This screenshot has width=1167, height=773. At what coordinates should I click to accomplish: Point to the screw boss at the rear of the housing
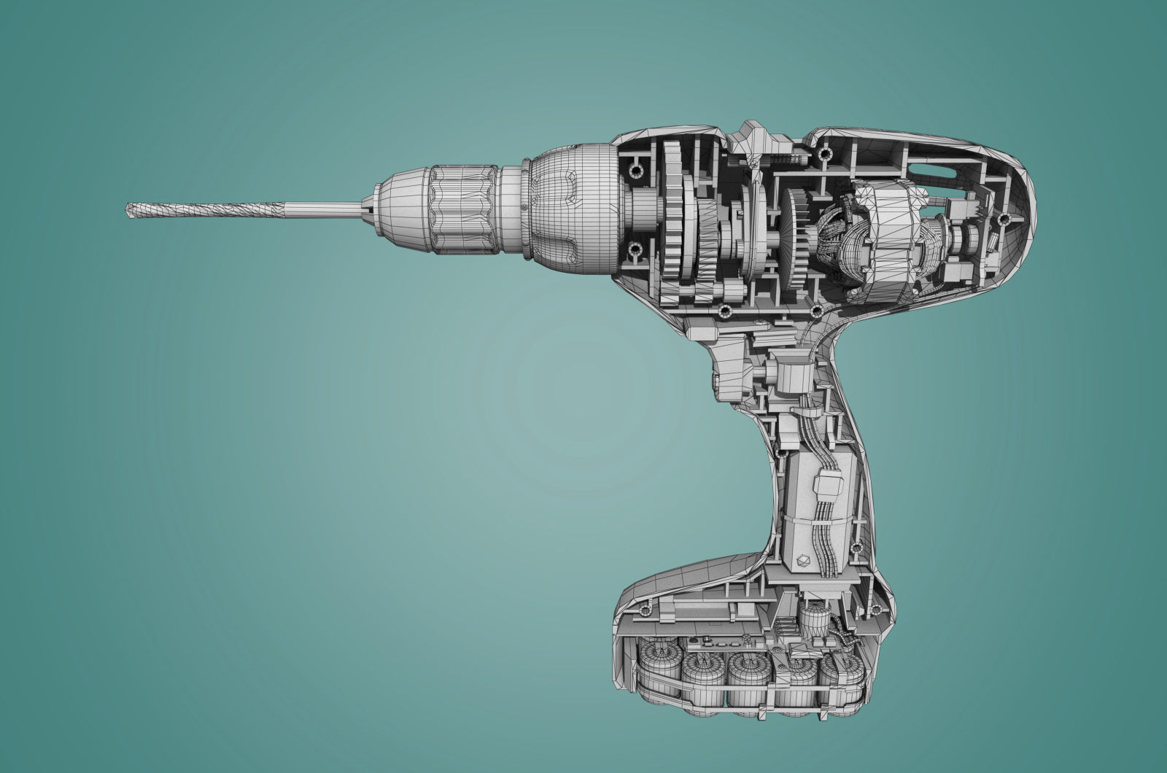(x=1004, y=218)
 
